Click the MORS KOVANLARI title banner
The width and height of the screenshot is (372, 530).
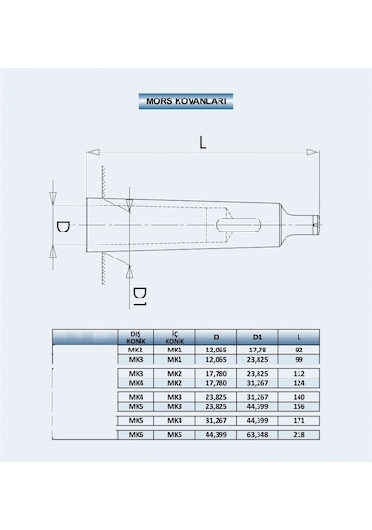tap(186, 101)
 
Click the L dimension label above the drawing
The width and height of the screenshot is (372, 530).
tap(202, 142)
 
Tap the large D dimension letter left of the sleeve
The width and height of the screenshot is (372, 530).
tap(62, 227)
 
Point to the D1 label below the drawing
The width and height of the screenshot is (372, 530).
tap(139, 297)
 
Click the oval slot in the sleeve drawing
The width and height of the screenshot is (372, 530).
tap(239, 225)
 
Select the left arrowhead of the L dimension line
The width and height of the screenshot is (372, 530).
tap(93, 152)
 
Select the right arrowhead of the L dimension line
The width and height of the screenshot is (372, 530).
tap(312, 152)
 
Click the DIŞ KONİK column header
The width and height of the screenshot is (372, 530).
tap(136, 337)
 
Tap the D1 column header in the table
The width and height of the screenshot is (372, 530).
tap(258, 337)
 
